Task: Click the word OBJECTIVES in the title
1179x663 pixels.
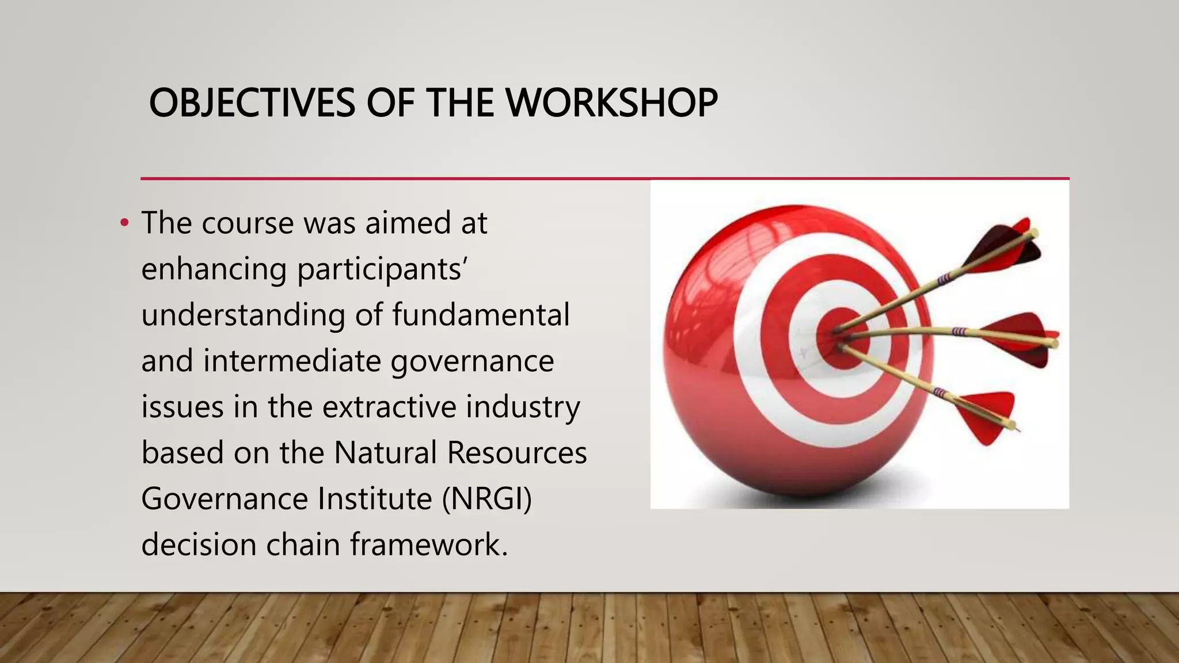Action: point(252,104)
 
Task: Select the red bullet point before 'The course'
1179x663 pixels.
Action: point(124,224)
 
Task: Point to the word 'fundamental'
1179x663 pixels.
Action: point(481,315)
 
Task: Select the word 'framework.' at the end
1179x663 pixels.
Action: point(429,544)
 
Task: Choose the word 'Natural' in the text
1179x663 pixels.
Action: point(385,452)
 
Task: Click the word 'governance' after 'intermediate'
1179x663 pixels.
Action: point(472,361)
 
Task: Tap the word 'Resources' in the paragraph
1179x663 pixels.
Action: point(516,452)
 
